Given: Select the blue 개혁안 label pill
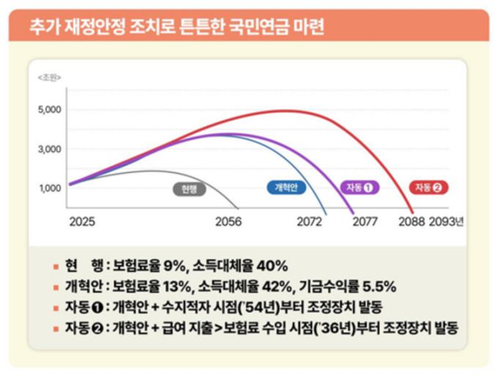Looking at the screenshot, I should pos(284,188).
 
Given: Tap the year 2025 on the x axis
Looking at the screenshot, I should pos(81,221).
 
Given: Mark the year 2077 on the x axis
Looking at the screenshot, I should pos(365,221).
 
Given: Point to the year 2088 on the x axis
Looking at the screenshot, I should pos(410,221).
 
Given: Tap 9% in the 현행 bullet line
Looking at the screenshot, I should pos(177,265).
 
